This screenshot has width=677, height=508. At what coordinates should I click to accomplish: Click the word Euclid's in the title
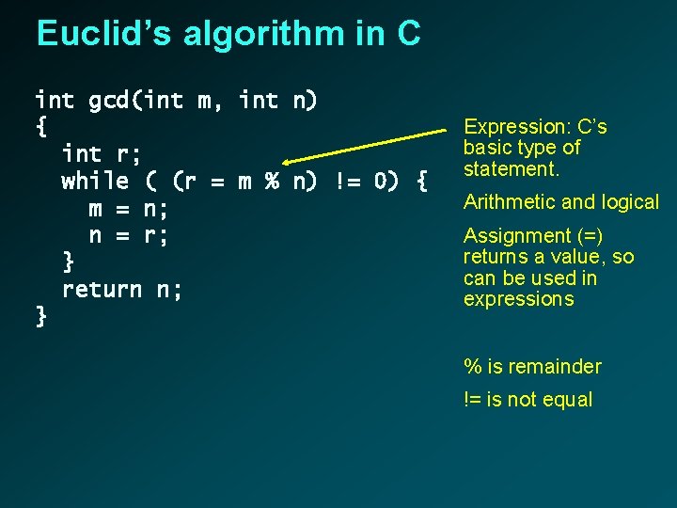coord(102,34)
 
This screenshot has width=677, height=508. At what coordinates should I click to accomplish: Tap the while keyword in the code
coord(95,181)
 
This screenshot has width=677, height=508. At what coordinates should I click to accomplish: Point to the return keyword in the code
coord(102,290)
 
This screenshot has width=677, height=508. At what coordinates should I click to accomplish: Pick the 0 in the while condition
coord(381,181)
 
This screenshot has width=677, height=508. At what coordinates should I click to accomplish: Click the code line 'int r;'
coord(102,153)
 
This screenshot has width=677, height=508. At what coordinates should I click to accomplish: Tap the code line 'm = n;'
coord(129,208)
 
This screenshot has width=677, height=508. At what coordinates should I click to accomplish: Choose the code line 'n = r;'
coord(129,235)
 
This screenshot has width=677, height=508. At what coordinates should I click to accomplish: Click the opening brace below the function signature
coord(41,126)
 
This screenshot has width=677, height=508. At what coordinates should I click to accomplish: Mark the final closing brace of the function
coord(41,317)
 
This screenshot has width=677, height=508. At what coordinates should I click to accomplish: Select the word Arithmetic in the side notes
coord(510,202)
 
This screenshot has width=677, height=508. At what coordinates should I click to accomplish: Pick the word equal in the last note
coord(569,400)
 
